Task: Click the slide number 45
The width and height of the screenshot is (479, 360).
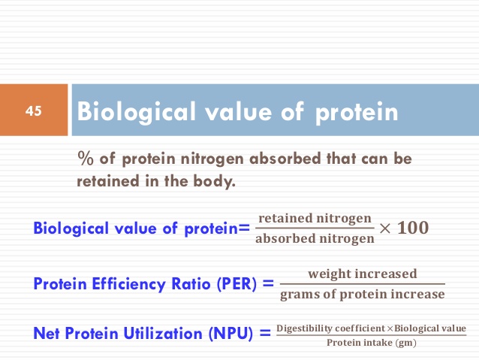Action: point(33,110)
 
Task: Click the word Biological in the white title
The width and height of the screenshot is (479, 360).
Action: point(136,113)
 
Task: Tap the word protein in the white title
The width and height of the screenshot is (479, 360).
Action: point(357,113)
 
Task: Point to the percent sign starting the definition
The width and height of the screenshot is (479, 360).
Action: point(86,159)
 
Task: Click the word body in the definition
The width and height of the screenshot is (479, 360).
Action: point(214,181)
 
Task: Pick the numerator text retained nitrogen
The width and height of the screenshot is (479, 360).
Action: point(315,219)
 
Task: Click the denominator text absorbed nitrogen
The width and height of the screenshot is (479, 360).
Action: point(315,238)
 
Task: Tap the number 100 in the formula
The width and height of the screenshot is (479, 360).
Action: point(413,228)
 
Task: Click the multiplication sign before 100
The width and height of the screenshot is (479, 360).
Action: point(384,228)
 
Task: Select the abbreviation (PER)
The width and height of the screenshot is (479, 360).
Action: point(236,283)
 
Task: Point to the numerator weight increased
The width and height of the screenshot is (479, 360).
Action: point(363,274)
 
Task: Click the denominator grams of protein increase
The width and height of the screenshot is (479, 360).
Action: point(363,295)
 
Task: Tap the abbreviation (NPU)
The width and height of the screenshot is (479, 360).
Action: point(230,334)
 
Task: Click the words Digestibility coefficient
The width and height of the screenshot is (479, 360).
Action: point(330,328)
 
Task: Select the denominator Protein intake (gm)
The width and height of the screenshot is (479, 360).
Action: point(372,343)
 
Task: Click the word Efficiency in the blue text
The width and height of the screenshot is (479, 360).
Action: point(128,284)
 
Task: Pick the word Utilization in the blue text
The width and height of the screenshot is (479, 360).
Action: point(163,334)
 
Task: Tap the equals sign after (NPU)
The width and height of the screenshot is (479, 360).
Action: point(265,333)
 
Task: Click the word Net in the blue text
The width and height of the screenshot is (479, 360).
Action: point(46,334)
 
